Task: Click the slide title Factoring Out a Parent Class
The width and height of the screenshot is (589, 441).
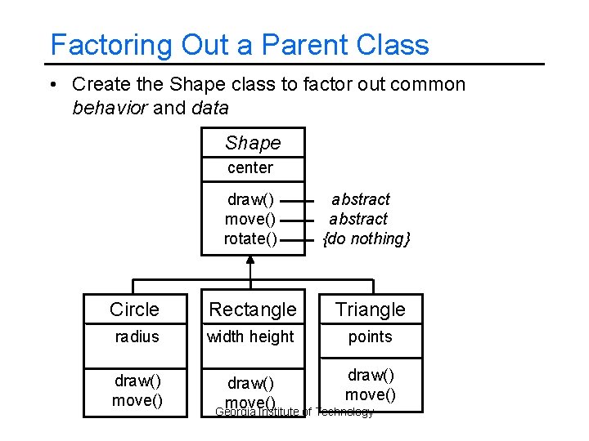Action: (239, 44)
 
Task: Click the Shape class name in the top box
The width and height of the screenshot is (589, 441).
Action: (253, 143)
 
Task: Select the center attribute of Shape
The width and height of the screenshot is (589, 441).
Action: (250, 167)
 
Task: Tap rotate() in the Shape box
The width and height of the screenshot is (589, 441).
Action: (250, 238)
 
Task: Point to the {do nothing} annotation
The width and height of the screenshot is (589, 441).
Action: (366, 238)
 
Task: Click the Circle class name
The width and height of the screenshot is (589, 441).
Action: (134, 310)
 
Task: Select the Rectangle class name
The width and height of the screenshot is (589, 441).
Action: (253, 310)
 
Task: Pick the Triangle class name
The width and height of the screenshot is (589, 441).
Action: (371, 310)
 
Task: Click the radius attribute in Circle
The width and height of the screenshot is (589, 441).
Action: (137, 336)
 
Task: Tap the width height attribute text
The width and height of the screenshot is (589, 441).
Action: (250, 336)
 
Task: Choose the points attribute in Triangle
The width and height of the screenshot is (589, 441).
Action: (371, 336)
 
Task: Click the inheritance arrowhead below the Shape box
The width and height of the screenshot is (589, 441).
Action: (251, 261)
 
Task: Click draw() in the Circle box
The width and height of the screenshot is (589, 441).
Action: (137, 381)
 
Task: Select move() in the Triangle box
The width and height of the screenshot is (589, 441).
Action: (370, 394)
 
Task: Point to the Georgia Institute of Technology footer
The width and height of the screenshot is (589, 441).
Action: (294, 412)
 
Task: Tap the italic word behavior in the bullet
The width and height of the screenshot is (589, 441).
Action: (110, 107)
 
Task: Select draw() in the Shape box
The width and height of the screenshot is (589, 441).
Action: (250, 199)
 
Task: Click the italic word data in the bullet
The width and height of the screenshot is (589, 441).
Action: (209, 107)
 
